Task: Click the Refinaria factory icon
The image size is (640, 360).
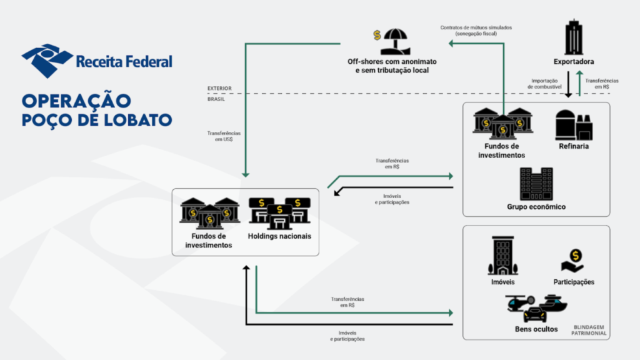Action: point(574,124)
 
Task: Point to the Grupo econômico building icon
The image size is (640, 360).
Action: point(536,184)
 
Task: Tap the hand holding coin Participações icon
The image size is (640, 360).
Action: point(573,260)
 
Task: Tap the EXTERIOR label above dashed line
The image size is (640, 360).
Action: point(219,88)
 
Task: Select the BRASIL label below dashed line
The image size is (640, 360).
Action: point(217,99)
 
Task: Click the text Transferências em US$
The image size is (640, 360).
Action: point(224,136)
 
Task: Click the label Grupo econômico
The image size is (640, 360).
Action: point(536,207)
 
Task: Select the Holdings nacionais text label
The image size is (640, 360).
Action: point(279,236)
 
